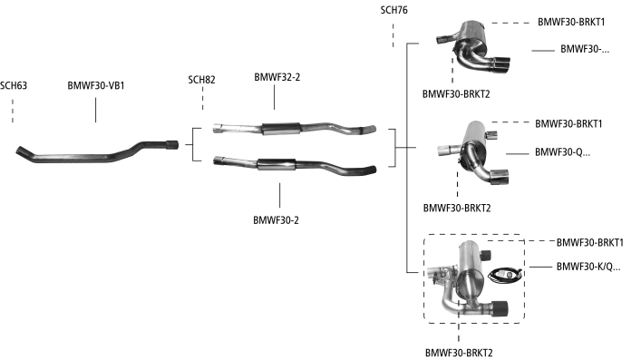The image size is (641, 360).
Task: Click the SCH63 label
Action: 14,85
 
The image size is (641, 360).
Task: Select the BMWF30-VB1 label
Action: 96,85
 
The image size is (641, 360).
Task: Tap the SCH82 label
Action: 201,80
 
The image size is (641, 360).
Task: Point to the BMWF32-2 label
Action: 277,77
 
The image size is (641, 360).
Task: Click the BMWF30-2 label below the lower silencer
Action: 276,220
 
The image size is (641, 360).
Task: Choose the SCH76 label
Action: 394,10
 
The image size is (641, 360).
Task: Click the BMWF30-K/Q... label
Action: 588,267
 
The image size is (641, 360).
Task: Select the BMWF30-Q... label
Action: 562,152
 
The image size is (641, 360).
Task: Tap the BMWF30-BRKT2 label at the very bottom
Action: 459,353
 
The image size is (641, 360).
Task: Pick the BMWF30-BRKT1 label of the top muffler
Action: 571,22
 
